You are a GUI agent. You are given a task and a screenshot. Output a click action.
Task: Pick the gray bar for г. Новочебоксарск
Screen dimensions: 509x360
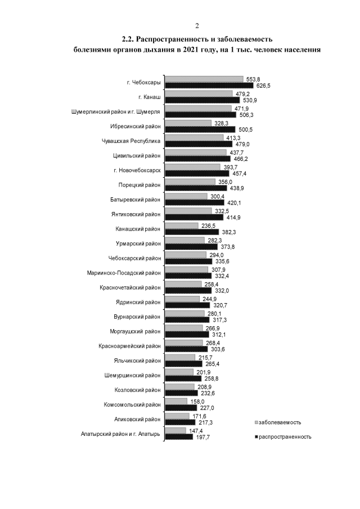pos(192,167)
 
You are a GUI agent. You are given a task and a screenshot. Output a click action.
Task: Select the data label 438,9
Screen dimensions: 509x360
pos(236,188)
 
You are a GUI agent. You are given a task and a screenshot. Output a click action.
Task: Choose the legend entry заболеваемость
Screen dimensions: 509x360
pos(281,421)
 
